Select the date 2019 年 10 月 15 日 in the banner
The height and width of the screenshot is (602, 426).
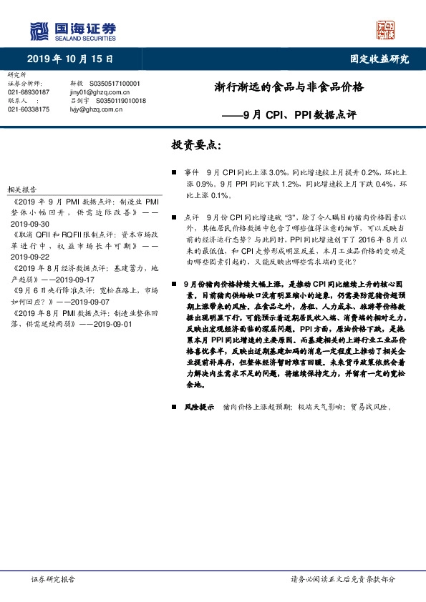pos(70,59)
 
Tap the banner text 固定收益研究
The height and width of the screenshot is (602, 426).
pos(379,59)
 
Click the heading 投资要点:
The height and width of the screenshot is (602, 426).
pos(196,145)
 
